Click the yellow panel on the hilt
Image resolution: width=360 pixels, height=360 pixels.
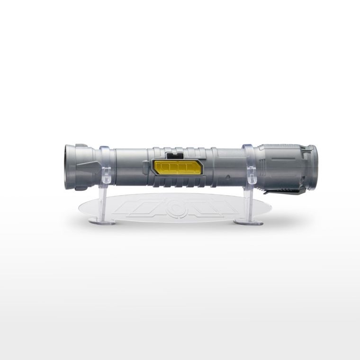coord(177,167)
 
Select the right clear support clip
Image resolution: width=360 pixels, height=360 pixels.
coord(250,163)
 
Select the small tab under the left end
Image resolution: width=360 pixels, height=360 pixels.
coord(81,188)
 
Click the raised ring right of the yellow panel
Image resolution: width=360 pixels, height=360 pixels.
coord(214,166)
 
